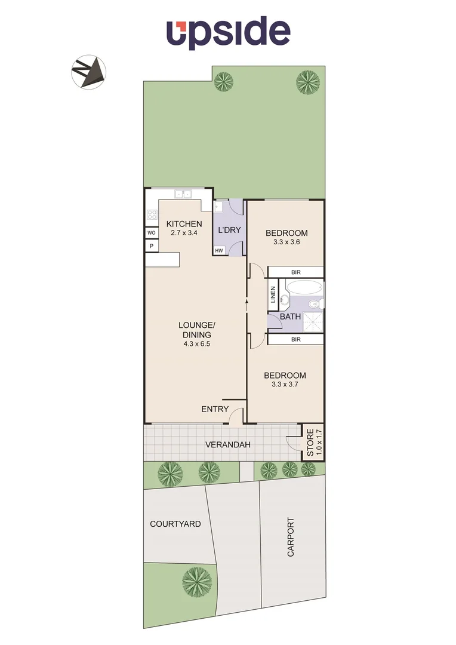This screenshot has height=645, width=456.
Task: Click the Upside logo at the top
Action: coord(228,32)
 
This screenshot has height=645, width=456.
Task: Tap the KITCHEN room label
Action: coord(184,224)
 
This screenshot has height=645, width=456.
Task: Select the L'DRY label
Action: coord(229,230)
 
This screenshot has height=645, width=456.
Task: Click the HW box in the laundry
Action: coord(219,251)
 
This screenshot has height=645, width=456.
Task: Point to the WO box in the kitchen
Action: coord(151,233)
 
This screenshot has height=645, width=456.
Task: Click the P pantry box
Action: coord(151,246)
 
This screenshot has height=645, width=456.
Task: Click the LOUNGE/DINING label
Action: coord(197,330)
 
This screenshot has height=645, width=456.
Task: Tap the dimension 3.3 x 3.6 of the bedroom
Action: coord(286,242)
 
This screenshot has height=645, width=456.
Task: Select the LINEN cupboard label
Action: coord(273,296)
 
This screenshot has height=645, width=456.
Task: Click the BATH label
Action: coord(290,317)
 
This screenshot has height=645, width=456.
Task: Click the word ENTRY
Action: coord(215,409)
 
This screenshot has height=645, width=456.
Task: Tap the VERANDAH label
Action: coord(227,445)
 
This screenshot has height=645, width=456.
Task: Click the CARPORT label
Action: coord(291,537)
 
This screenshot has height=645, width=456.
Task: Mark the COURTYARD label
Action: coord(175,524)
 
